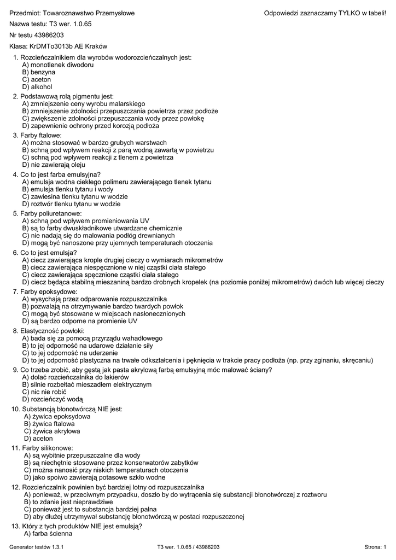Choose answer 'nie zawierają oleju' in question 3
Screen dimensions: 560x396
point(54,165)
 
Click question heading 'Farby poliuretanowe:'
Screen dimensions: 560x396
point(51,213)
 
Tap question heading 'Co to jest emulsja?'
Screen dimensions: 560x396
point(49,253)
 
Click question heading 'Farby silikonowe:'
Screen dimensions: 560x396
point(49,448)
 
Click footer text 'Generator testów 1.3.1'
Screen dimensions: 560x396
point(37,547)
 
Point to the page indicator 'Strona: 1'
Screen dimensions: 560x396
point(375,547)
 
